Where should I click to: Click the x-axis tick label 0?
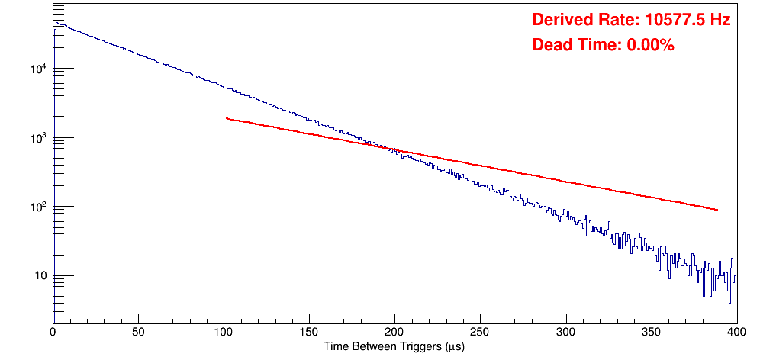[x=53, y=332]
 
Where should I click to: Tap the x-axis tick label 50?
[x=138, y=332]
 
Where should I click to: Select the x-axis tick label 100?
[x=224, y=332]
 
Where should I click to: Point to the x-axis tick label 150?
[x=309, y=332]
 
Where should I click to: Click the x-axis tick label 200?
[x=394, y=332]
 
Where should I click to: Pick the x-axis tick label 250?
[x=480, y=332]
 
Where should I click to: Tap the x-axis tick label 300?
[x=565, y=332]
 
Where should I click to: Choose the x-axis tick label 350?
[x=651, y=332]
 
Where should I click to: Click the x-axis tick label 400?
[x=735, y=332]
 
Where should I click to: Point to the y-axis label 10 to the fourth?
[x=39, y=69]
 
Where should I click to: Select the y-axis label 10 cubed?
[x=39, y=138]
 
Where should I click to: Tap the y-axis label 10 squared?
[x=39, y=207]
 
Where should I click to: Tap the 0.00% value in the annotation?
[x=650, y=46]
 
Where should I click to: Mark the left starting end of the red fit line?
[x=227, y=118]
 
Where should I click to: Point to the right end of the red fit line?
[x=717, y=210]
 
